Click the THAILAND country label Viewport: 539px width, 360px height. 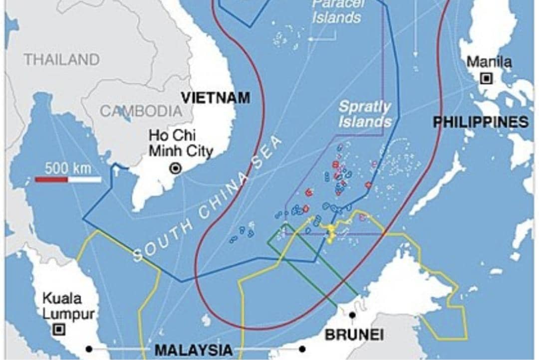point(62,60)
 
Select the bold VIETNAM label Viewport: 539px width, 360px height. point(215,97)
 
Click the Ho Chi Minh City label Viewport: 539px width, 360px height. point(181,143)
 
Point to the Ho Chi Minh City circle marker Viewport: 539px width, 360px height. point(175,169)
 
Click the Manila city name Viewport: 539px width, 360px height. point(489,62)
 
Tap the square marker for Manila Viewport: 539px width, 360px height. point(486,78)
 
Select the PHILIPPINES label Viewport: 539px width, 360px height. point(481,122)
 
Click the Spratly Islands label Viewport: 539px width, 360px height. point(365,114)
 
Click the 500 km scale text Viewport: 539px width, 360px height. point(68,168)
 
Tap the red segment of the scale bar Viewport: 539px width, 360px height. point(51,179)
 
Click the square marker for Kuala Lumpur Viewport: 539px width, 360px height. point(59,329)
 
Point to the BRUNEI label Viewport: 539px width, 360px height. point(354,335)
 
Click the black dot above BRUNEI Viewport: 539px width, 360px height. point(352,315)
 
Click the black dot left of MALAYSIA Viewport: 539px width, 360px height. point(89,349)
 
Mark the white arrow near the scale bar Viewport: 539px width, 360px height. point(116,171)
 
